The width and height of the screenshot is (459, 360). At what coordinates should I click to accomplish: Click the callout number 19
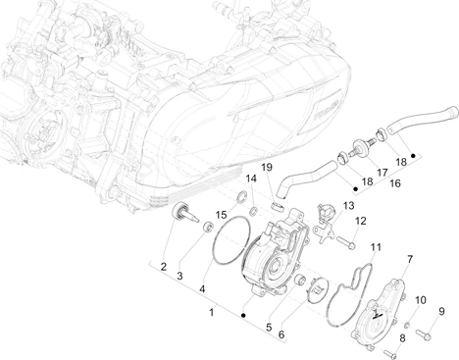click(267, 168)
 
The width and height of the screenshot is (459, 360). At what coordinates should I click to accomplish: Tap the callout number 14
click(251, 179)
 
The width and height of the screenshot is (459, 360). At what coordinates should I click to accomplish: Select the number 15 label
click(221, 215)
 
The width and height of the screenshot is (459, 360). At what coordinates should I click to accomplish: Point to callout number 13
click(348, 206)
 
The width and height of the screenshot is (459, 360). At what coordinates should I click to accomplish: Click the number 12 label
click(361, 221)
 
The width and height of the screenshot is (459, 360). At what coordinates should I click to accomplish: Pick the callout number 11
click(376, 247)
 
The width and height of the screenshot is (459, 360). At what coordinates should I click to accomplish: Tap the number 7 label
click(410, 259)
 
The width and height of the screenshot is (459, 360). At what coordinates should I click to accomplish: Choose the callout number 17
click(382, 173)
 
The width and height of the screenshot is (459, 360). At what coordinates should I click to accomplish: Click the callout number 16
click(395, 183)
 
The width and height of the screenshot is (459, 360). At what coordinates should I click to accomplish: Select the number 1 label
click(212, 312)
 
